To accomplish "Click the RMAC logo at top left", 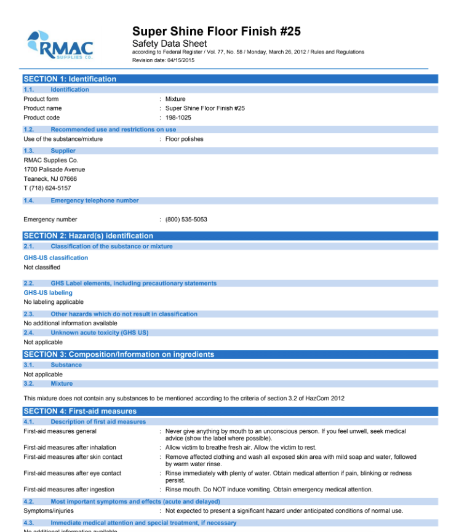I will point(60,44).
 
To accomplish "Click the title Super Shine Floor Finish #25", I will point(216,31).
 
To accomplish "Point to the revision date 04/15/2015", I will point(163,60).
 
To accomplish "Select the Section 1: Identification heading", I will point(70,79).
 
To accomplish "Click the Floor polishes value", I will point(184,139).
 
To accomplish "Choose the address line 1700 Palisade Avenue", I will point(54,169).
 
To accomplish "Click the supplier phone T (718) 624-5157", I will point(47,188).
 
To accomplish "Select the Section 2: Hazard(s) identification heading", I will point(88,236).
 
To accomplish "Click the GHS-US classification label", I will point(55,258).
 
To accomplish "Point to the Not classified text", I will point(42,268).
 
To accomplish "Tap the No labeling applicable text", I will point(54,302).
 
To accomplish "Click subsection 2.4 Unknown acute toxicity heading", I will point(99,333).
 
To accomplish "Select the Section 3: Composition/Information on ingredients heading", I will point(119,354).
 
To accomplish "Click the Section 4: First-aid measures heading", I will point(80,411).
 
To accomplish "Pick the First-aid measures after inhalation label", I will point(70,448).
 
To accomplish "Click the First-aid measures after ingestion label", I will point(68,490).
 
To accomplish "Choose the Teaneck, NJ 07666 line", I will point(50,179).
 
